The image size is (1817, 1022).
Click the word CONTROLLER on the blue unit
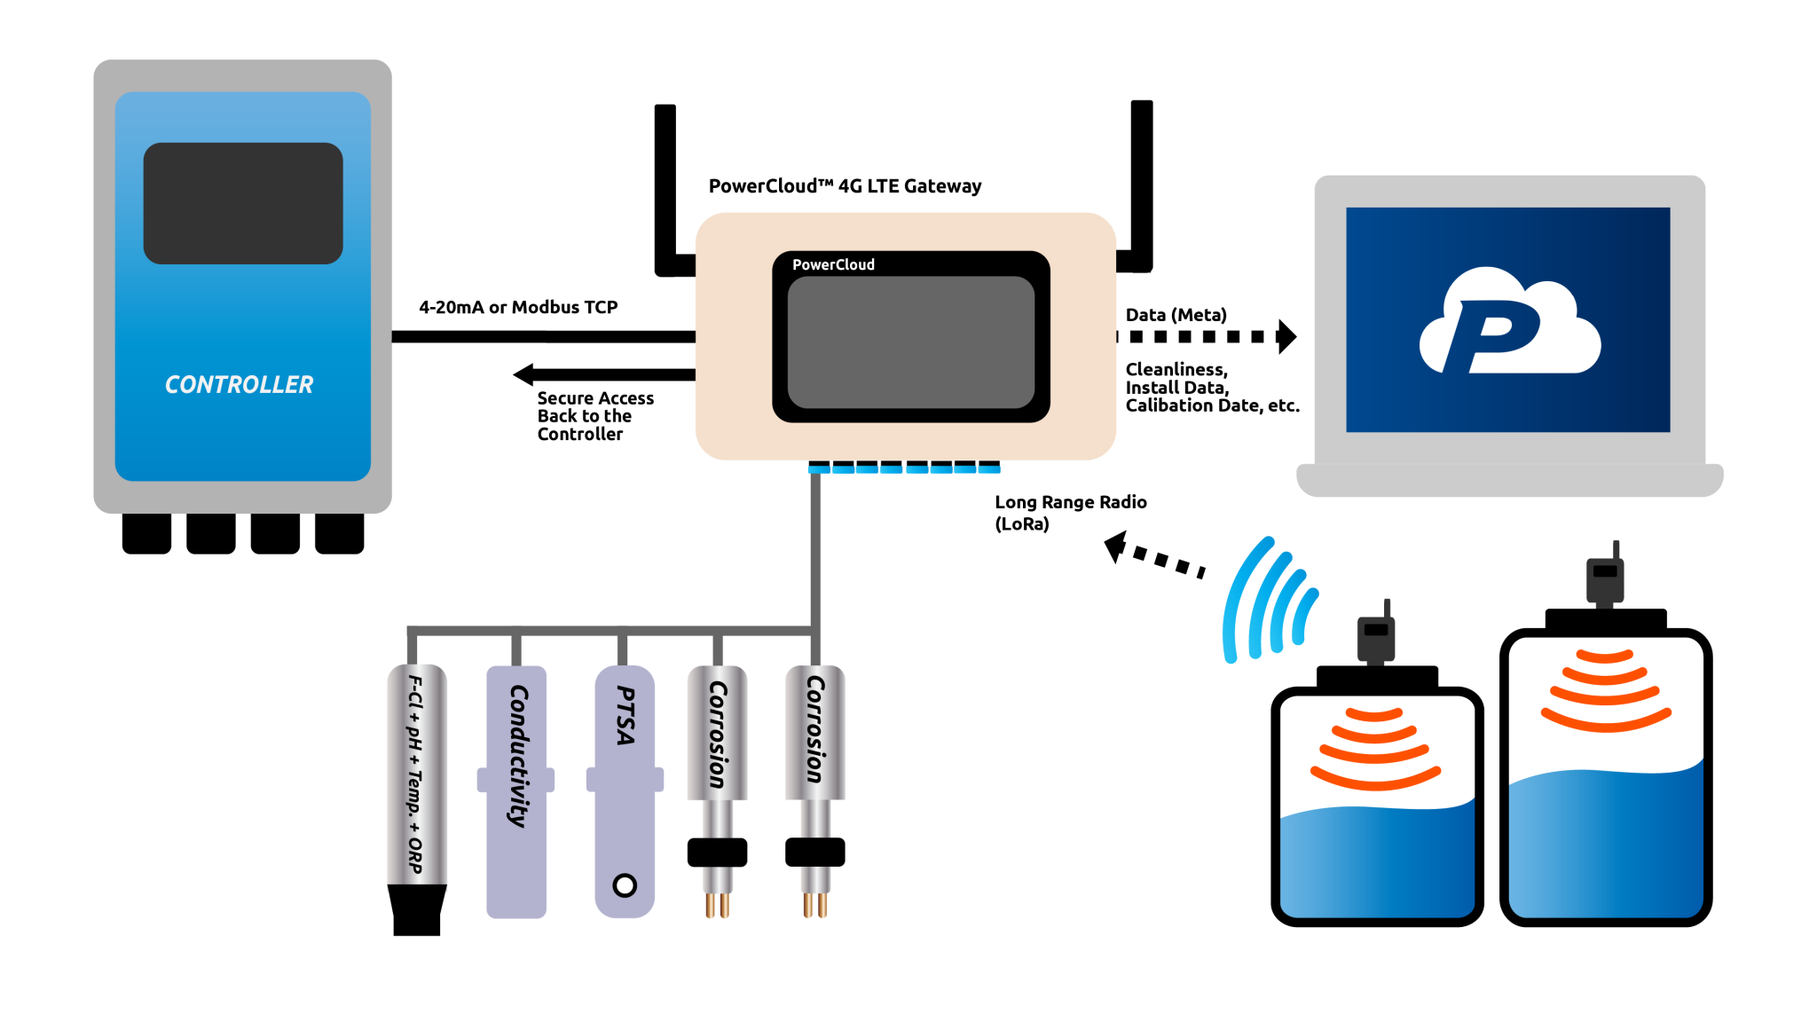(239, 384)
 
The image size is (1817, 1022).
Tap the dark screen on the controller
(243, 203)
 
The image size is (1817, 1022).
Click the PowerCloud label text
(833, 264)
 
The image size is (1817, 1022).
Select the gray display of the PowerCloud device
(910, 342)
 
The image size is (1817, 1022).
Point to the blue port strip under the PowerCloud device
(903, 469)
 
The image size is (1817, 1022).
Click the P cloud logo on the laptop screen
(1509, 322)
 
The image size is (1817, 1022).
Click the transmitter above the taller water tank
(1605, 576)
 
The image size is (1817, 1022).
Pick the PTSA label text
(625, 715)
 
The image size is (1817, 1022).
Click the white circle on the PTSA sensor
(625, 885)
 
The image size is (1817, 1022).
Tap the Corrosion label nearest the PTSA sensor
(718, 735)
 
